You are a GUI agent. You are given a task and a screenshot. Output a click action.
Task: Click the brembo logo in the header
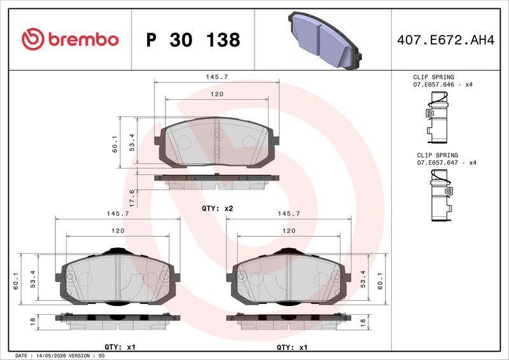click(70, 39)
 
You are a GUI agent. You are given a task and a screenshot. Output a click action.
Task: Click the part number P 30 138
click(193, 40)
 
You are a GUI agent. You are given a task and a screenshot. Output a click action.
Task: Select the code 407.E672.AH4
click(446, 40)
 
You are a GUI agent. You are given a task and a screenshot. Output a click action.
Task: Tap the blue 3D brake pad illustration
click(324, 40)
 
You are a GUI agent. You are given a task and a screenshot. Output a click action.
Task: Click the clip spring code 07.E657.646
click(433, 85)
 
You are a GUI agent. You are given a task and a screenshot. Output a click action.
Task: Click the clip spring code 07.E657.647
click(437, 163)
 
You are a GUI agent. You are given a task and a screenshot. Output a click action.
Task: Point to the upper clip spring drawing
click(437, 117)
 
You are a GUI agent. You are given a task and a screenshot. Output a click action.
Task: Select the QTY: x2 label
click(218, 209)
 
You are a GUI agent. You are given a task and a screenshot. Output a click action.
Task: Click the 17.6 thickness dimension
click(132, 198)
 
